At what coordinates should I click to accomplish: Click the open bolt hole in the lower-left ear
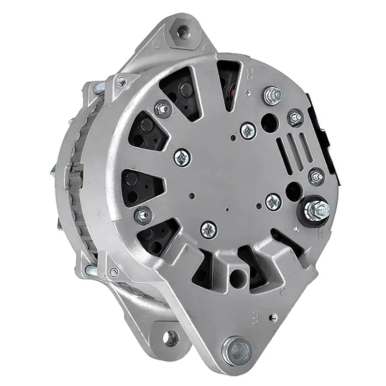(170, 338)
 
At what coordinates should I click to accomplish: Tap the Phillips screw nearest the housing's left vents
(182, 157)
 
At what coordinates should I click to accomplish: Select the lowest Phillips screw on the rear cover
(209, 229)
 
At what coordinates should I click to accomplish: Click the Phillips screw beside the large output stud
(274, 202)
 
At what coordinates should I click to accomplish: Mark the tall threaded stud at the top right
(273, 96)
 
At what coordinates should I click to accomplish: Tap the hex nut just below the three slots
(316, 177)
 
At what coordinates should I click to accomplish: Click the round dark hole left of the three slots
(269, 123)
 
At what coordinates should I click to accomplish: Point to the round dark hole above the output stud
(293, 191)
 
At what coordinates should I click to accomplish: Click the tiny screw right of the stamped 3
(273, 317)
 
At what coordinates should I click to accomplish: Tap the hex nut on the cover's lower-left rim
(143, 215)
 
